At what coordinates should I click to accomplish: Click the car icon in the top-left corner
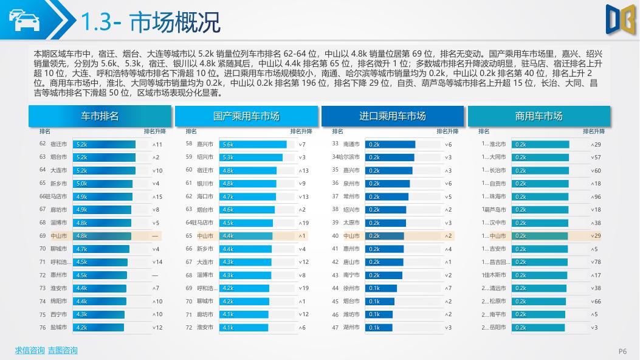[x=24, y=21]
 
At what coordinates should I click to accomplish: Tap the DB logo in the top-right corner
[x=619, y=18]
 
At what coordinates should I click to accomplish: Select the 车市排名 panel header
[x=100, y=116]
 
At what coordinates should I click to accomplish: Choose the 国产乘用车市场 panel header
[x=246, y=116]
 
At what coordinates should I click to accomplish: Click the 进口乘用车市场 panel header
[x=393, y=116]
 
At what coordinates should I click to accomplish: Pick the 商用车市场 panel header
[x=538, y=116]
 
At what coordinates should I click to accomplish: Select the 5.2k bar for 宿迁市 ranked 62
[x=104, y=145]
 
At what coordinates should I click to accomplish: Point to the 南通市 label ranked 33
[x=351, y=145]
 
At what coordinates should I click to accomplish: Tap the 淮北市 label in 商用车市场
[x=498, y=145]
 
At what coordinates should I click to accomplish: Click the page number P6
[x=622, y=351]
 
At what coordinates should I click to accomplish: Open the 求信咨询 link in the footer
[x=30, y=350]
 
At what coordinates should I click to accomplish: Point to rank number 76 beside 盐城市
[x=43, y=327]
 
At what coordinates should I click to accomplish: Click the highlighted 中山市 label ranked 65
[x=205, y=236]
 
